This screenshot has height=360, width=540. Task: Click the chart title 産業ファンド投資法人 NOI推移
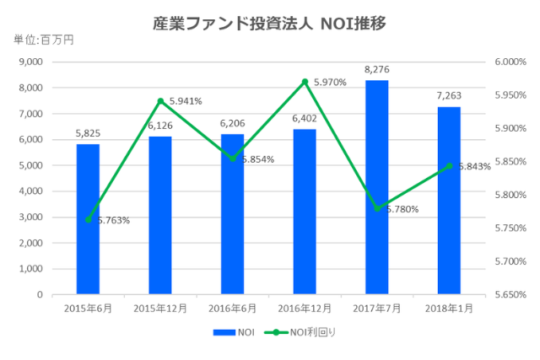(270, 23)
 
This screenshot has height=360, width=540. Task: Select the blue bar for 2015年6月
(88, 219)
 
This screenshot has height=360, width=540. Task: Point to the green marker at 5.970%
(305, 82)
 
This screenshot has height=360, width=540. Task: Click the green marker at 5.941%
(160, 101)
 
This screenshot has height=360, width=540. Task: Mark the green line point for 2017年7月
(377, 208)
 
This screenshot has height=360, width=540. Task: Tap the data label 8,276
(377, 69)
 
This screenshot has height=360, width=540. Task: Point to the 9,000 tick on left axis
(30, 62)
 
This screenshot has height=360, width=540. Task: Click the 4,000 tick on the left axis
(30, 191)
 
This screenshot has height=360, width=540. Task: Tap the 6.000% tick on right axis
(509, 62)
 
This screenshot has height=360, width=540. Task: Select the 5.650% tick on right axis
(509, 295)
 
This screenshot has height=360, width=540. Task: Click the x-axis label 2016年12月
(305, 309)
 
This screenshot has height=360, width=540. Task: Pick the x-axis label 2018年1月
(449, 309)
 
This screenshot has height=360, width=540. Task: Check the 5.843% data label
(474, 167)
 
